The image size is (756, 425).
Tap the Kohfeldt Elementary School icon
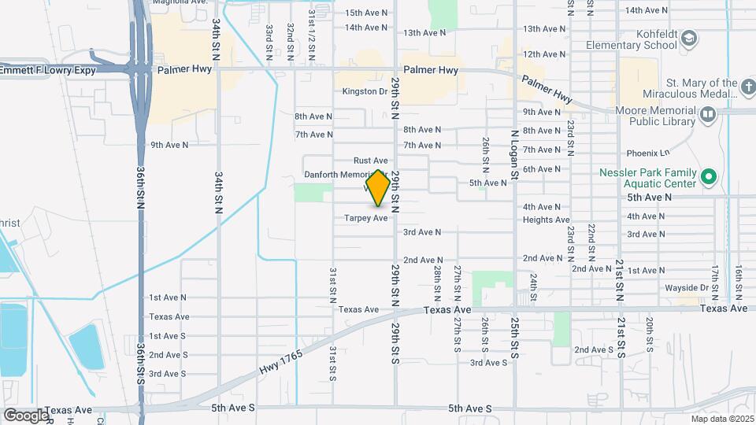pyautogui.click(x=689, y=39)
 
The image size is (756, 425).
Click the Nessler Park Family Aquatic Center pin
pyautogui.click(x=708, y=178)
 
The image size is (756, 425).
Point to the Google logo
pyautogui.click(x=26, y=415)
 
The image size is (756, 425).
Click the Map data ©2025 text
pyautogui.click(x=722, y=419)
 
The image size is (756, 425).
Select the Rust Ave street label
pyautogui.click(x=371, y=161)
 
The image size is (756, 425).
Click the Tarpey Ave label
pyautogui.click(x=366, y=217)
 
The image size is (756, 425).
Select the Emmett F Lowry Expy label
pyautogui.click(x=48, y=70)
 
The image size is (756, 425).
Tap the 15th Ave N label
pyautogui.click(x=366, y=13)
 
